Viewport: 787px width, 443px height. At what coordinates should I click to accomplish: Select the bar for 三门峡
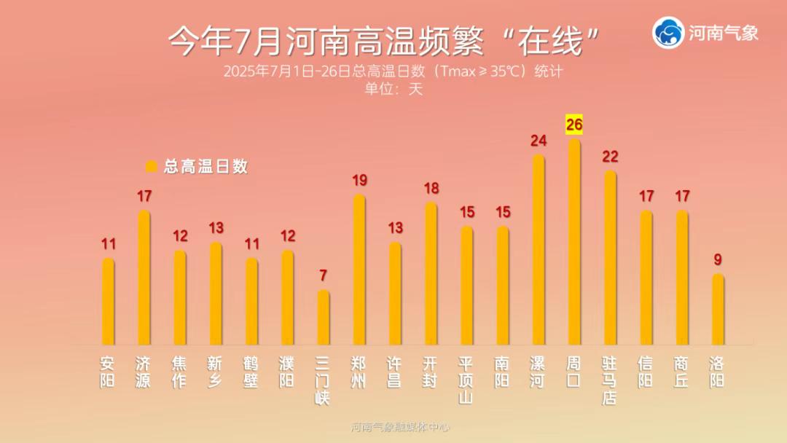click(324, 318)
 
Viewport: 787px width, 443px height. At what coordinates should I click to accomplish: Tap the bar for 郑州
click(359, 270)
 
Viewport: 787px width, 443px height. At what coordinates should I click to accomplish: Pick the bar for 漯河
click(539, 250)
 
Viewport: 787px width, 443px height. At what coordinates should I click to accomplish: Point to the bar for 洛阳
click(718, 309)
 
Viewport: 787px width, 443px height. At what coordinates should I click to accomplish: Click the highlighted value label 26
click(574, 125)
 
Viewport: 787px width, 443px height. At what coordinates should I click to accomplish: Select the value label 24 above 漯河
click(539, 141)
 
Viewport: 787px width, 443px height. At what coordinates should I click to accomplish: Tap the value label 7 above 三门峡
click(324, 276)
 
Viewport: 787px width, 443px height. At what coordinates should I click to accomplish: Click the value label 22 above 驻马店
click(610, 157)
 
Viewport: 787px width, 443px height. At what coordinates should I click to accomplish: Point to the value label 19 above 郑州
click(359, 181)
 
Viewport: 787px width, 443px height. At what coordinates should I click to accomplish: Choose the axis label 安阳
click(108, 372)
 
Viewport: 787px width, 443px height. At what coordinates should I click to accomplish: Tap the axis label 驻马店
click(610, 380)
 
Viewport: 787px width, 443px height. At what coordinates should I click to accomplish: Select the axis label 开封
click(431, 372)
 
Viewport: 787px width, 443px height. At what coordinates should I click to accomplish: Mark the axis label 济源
click(144, 372)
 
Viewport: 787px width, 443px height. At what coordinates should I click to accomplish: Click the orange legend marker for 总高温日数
click(152, 167)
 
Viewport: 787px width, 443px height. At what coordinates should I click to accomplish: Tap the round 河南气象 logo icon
click(668, 33)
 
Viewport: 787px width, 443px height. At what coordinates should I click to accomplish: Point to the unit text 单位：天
click(393, 89)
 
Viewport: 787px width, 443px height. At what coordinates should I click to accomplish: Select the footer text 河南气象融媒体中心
click(400, 427)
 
